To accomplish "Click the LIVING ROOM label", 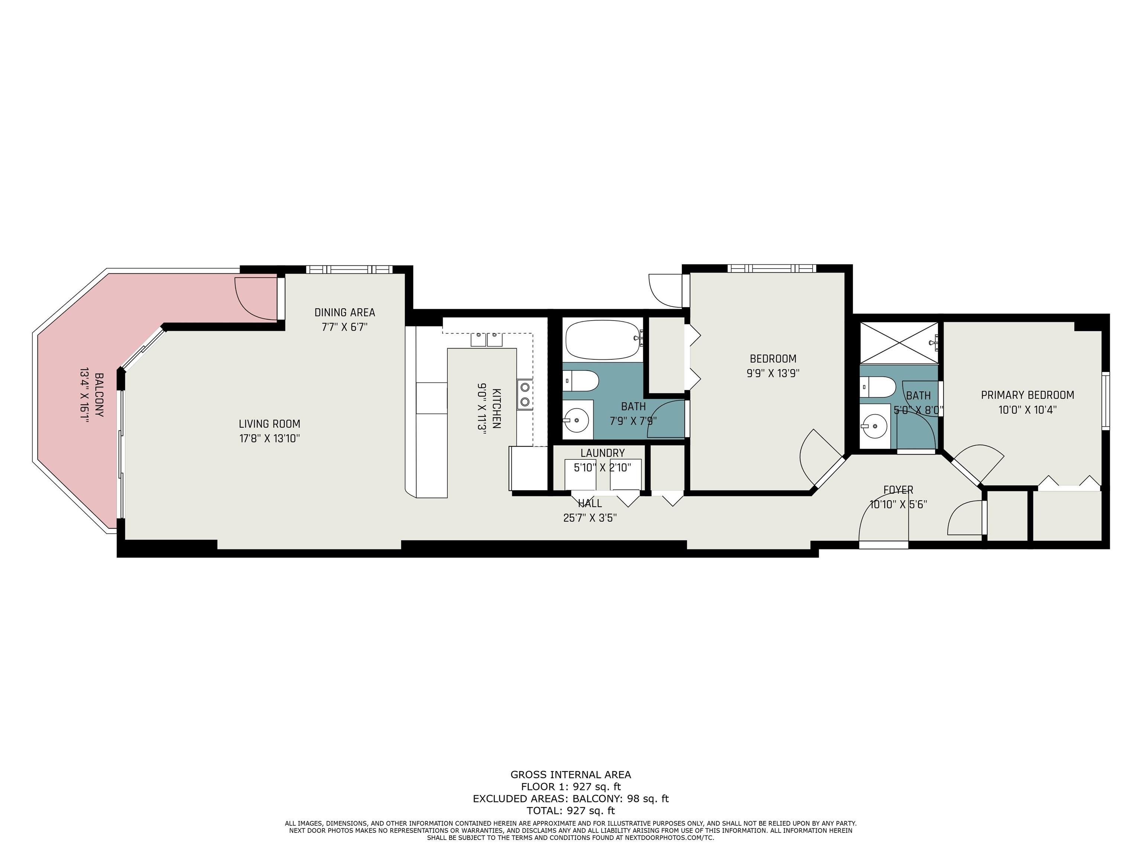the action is (x=269, y=424).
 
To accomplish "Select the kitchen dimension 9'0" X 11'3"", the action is (x=482, y=409).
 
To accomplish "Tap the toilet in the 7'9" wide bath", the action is (x=580, y=381).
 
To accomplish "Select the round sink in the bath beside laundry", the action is (x=575, y=420).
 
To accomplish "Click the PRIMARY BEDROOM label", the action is (x=1028, y=395).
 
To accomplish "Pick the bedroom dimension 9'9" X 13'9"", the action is (x=773, y=373).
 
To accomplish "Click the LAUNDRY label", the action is (x=603, y=453).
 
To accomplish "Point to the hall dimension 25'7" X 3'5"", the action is (x=590, y=518).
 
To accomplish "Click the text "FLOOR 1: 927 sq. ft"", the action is (x=571, y=787).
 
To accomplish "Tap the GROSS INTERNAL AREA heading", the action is (x=571, y=774).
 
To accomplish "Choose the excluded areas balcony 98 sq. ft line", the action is (x=571, y=799).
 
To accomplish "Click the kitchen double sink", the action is (x=486, y=339).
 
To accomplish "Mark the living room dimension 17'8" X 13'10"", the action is (x=269, y=439).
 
